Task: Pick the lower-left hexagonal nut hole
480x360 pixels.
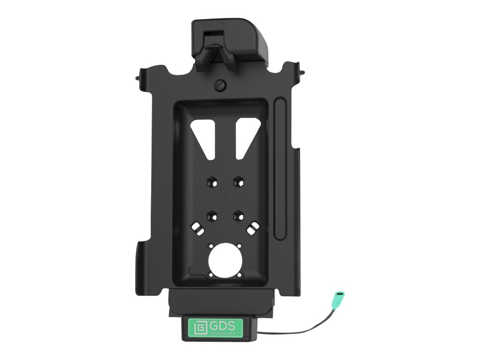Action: tap(211, 215)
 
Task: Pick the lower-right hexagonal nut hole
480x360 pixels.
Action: tap(239, 215)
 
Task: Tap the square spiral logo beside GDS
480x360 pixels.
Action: tap(198, 327)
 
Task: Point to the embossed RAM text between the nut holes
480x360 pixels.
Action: tap(225, 193)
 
